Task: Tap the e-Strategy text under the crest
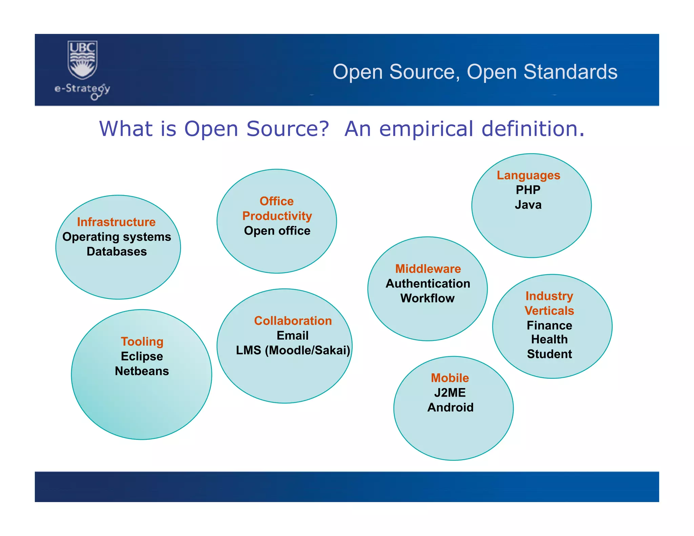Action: [x=82, y=89]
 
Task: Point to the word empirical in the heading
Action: [x=426, y=129]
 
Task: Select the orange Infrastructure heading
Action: [x=116, y=222]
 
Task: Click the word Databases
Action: [x=117, y=251]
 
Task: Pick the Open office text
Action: [x=277, y=231]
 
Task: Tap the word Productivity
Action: [x=277, y=216]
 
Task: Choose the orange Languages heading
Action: [x=528, y=175]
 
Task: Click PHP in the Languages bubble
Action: [x=528, y=190]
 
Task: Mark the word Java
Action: [x=528, y=205]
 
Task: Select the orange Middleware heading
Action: [x=428, y=269]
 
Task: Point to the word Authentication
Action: [x=428, y=283]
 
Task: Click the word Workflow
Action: [x=427, y=298]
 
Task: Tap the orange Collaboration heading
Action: [x=293, y=321]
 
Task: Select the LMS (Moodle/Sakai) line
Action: [x=293, y=350]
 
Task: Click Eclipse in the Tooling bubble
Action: [x=142, y=356]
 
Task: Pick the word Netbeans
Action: [x=142, y=371]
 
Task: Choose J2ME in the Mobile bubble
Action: [x=450, y=392]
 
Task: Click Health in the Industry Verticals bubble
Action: [x=549, y=339]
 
